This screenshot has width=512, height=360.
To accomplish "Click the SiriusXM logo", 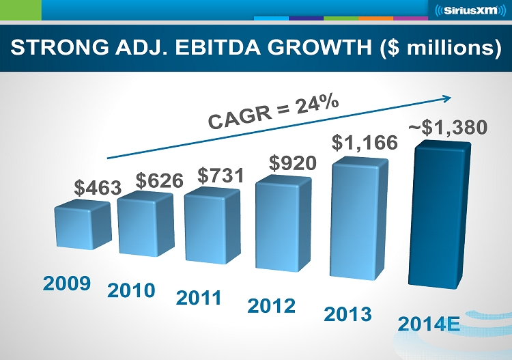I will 468,12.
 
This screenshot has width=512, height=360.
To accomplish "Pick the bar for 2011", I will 210,225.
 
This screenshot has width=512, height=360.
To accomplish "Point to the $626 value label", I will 160,180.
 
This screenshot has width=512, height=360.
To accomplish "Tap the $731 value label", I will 221,175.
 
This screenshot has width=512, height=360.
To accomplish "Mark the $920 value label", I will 292,163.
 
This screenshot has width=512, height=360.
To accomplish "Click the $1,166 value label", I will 365,143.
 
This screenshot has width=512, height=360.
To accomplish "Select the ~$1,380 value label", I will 448,127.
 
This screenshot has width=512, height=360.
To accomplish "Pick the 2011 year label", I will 199,298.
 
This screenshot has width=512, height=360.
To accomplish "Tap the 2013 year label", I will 347,314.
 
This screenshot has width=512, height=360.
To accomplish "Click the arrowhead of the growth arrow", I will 448,96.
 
